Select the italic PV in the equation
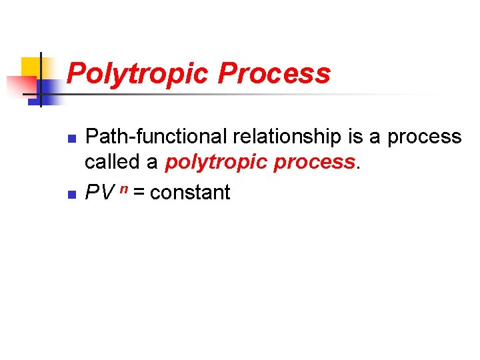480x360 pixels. point(99,193)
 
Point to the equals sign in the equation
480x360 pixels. point(139,193)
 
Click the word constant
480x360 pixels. point(190,193)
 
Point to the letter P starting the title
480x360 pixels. point(75,73)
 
